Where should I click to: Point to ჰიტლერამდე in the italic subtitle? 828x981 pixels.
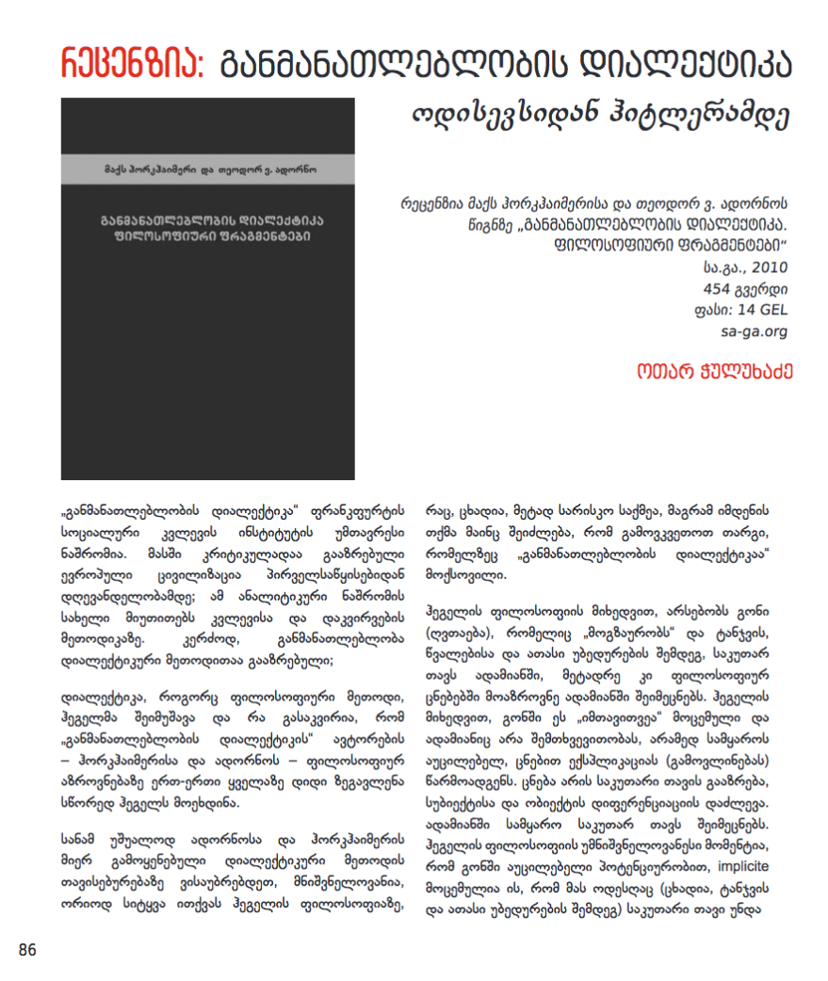[717, 115]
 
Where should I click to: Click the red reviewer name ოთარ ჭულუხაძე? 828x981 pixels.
[713, 371]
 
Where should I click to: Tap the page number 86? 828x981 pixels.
[27, 950]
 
